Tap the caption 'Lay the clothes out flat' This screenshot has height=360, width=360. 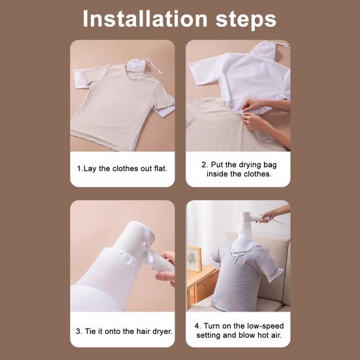pyautogui.click(x=122, y=169)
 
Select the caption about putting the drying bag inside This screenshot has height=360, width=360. pyautogui.click(x=238, y=169)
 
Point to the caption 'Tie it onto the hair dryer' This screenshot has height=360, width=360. pyautogui.click(x=122, y=331)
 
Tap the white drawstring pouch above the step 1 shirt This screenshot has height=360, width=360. pyautogui.click(x=139, y=63)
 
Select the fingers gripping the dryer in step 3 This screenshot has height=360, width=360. pyautogui.click(x=168, y=265)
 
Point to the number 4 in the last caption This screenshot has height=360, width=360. pyautogui.click(x=197, y=325)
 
